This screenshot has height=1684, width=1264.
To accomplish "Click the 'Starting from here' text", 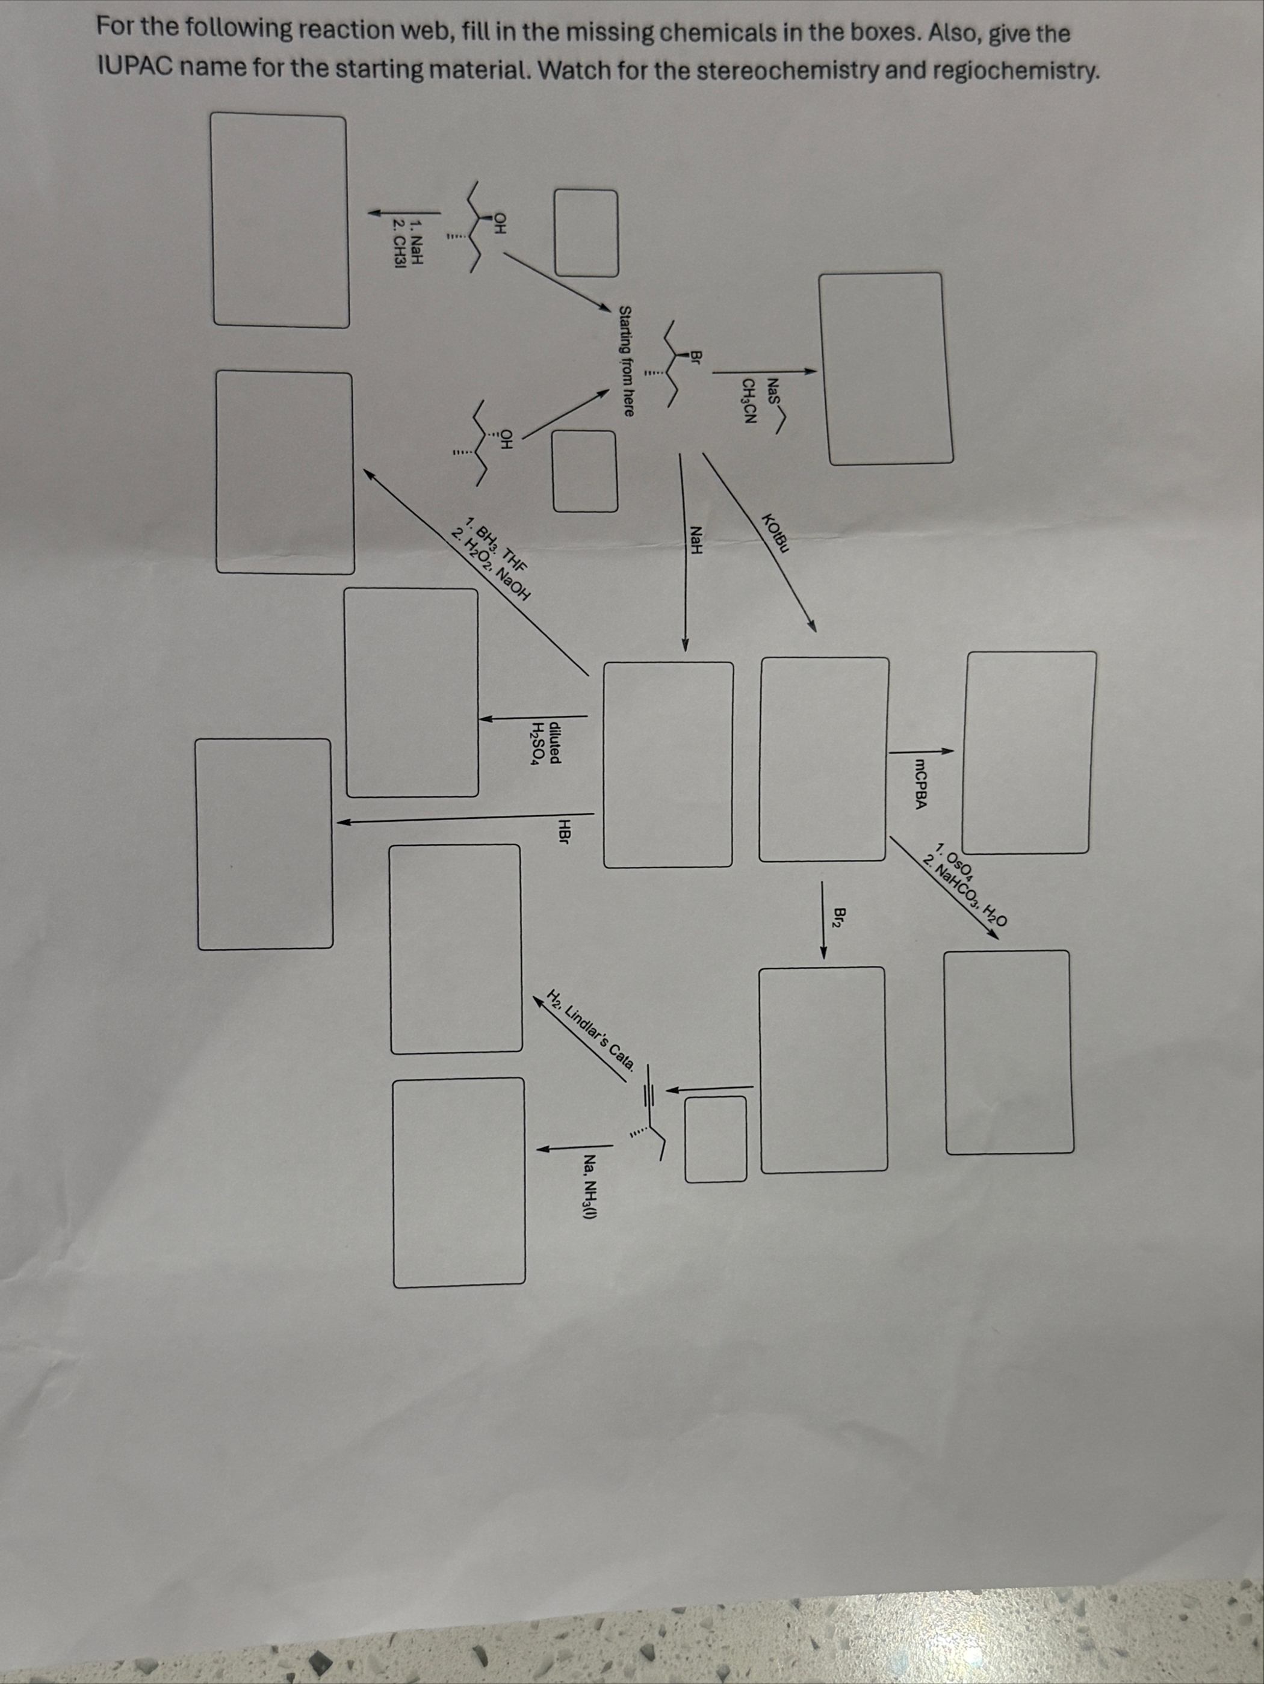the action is (x=626, y=361).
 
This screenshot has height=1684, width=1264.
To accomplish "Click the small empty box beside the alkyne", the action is (x=715, y=1139).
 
